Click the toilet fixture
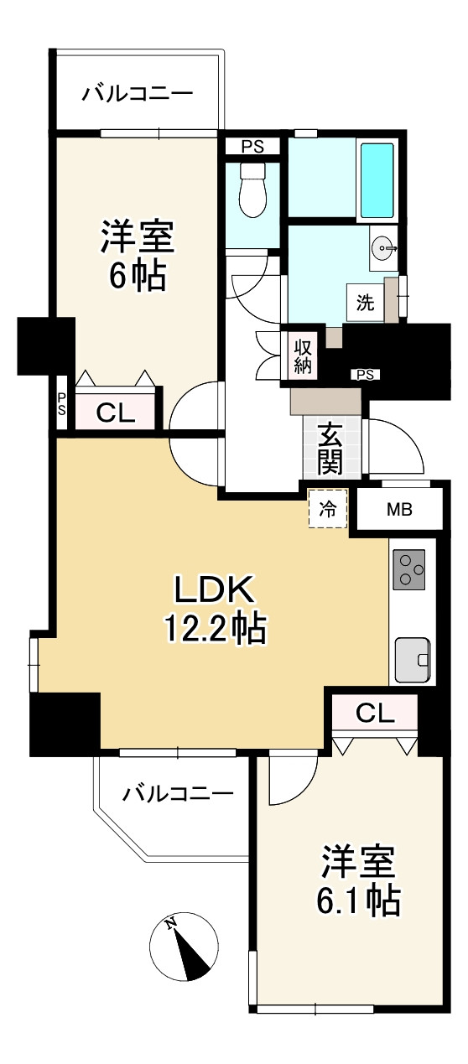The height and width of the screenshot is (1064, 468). (252, 189)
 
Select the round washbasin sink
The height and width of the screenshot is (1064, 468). (383, 247)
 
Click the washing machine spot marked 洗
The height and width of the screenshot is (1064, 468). (366, 303)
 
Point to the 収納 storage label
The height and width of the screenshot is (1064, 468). (303, 355)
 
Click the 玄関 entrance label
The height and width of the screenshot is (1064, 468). (329, 449)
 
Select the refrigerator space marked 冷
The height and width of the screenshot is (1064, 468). (327, 508)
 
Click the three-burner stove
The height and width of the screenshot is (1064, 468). (408, 570)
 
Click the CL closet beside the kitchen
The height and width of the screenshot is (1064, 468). (374, 713)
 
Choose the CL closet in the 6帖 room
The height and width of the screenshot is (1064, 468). (116, 412)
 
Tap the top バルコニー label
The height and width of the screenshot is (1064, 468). (138, 93)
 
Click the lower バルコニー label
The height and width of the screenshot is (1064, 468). (178, 793)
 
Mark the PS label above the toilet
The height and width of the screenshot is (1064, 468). (252, 145)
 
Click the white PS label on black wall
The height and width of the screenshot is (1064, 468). (366, 375)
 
